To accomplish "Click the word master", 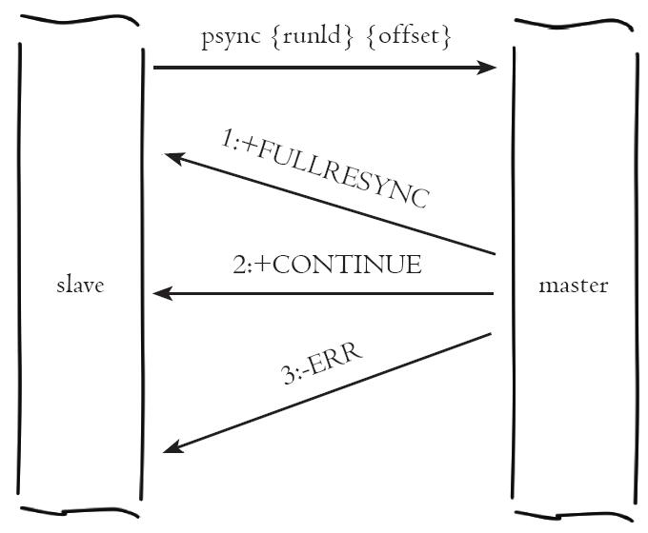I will [572, 286].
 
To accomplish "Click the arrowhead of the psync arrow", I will [487, 68].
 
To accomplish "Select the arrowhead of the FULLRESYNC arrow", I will [174, 158].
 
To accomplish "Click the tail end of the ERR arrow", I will [491, 335].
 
